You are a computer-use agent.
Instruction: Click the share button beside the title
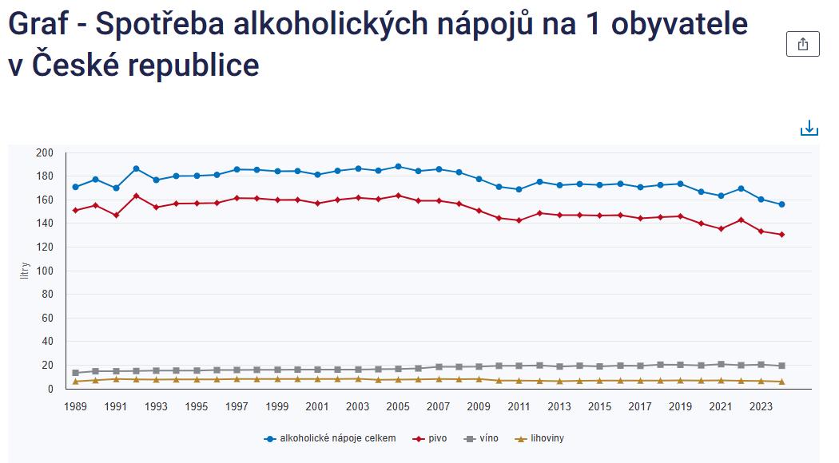click(803, 45)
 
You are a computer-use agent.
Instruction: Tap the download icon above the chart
click(809, 128)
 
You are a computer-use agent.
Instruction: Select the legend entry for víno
click(482, 438)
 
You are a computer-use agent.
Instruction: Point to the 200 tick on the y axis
click(45, 152)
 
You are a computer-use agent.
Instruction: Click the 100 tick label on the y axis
click(45, 271)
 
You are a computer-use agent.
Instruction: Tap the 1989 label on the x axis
click(75, 406)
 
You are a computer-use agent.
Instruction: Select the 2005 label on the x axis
click(398, 406)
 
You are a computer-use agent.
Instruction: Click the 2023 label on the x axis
click(761, 406)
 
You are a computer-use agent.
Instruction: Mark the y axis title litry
click(25, 271)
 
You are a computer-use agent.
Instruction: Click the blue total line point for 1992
click(136, 168)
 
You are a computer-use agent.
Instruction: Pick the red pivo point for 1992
click(136, 196)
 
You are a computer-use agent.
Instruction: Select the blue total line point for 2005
click(398, 167)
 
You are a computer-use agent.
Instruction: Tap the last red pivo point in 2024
click(781, 235)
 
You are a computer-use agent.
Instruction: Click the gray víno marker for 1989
click(75, 373)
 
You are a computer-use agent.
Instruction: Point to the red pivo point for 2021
click(721, 229)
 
